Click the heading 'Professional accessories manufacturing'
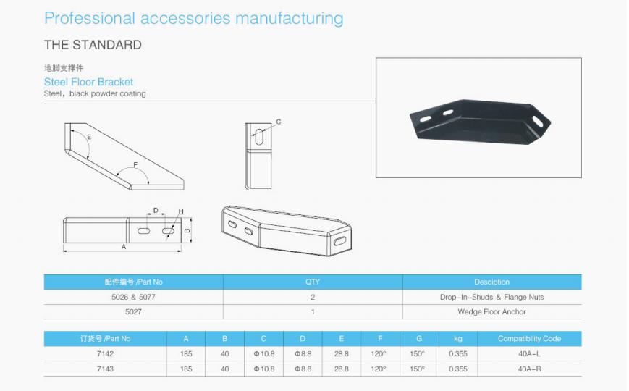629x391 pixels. point(194,19)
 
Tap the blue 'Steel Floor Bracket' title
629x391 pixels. point(88,82)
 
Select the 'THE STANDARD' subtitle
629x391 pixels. point(93,45)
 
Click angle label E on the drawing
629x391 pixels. point(89,137)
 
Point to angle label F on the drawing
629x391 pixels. point(135,165)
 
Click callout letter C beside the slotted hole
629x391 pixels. point(279,122)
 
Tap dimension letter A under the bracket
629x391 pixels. point(124,247)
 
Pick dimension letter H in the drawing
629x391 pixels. point(181,211)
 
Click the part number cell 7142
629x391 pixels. point(105,353)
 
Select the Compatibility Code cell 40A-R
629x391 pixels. point(529,369)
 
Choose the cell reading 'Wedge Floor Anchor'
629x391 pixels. point(491,312)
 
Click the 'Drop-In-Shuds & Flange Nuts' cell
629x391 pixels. point(491,297)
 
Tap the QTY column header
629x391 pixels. point(313,282)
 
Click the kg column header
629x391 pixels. point(457,339)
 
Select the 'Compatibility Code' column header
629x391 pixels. point(529,338)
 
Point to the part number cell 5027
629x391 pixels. point(133,312)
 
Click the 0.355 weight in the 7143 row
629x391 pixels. point(457,369)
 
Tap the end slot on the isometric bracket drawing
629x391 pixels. point(339,241)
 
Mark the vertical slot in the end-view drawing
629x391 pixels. point(259,137)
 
